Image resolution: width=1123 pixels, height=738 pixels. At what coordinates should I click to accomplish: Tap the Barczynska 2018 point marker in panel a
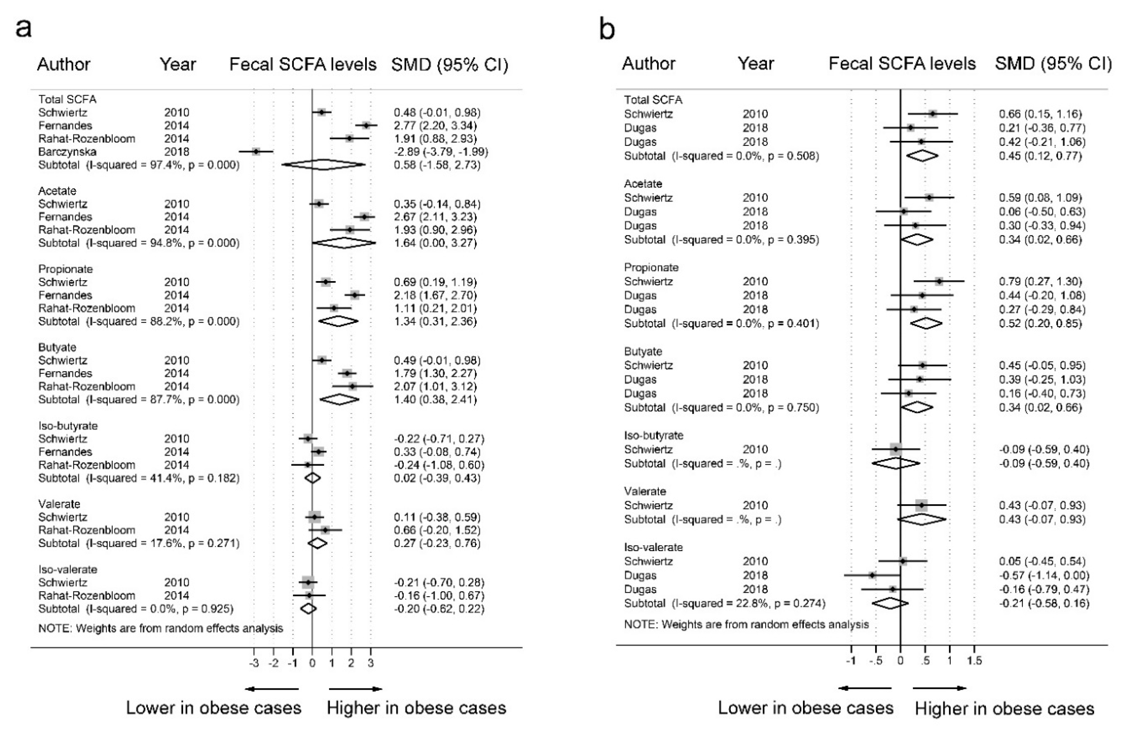tap(256, 152)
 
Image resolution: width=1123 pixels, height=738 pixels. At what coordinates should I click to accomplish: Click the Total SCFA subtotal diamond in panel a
tap(323, 165)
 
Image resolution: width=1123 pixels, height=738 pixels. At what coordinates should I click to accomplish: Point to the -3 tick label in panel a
tap(254, 663)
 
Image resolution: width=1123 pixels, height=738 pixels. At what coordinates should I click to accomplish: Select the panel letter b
tap(607, 29)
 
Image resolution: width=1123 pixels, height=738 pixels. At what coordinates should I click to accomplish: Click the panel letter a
tap(24, 28)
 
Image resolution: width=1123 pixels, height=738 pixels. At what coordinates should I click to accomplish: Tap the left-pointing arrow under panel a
tap(272, 689)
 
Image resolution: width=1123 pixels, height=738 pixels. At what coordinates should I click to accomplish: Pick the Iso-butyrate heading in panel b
tap(654, 435)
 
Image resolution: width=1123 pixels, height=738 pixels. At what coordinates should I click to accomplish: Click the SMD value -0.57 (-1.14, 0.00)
tap(1044, 575)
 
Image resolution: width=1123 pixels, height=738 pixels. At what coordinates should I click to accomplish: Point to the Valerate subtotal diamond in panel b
tap(921, 519)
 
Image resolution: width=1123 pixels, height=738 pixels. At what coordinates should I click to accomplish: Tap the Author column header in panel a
tap(64, 64)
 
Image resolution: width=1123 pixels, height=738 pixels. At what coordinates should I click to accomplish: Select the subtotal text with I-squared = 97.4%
tap(139, 165)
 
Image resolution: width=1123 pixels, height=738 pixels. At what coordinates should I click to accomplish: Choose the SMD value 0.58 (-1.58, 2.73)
tap(437, 165)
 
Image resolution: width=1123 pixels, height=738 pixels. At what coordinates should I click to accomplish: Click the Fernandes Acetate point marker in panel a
tap(364, 217)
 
